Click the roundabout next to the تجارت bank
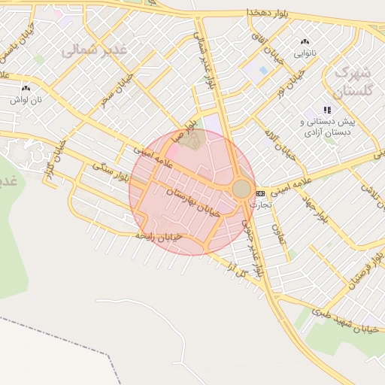point(242,189)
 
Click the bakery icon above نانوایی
point(305,42)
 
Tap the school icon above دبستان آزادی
point(327,110)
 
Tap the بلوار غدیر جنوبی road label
point(252,248)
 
